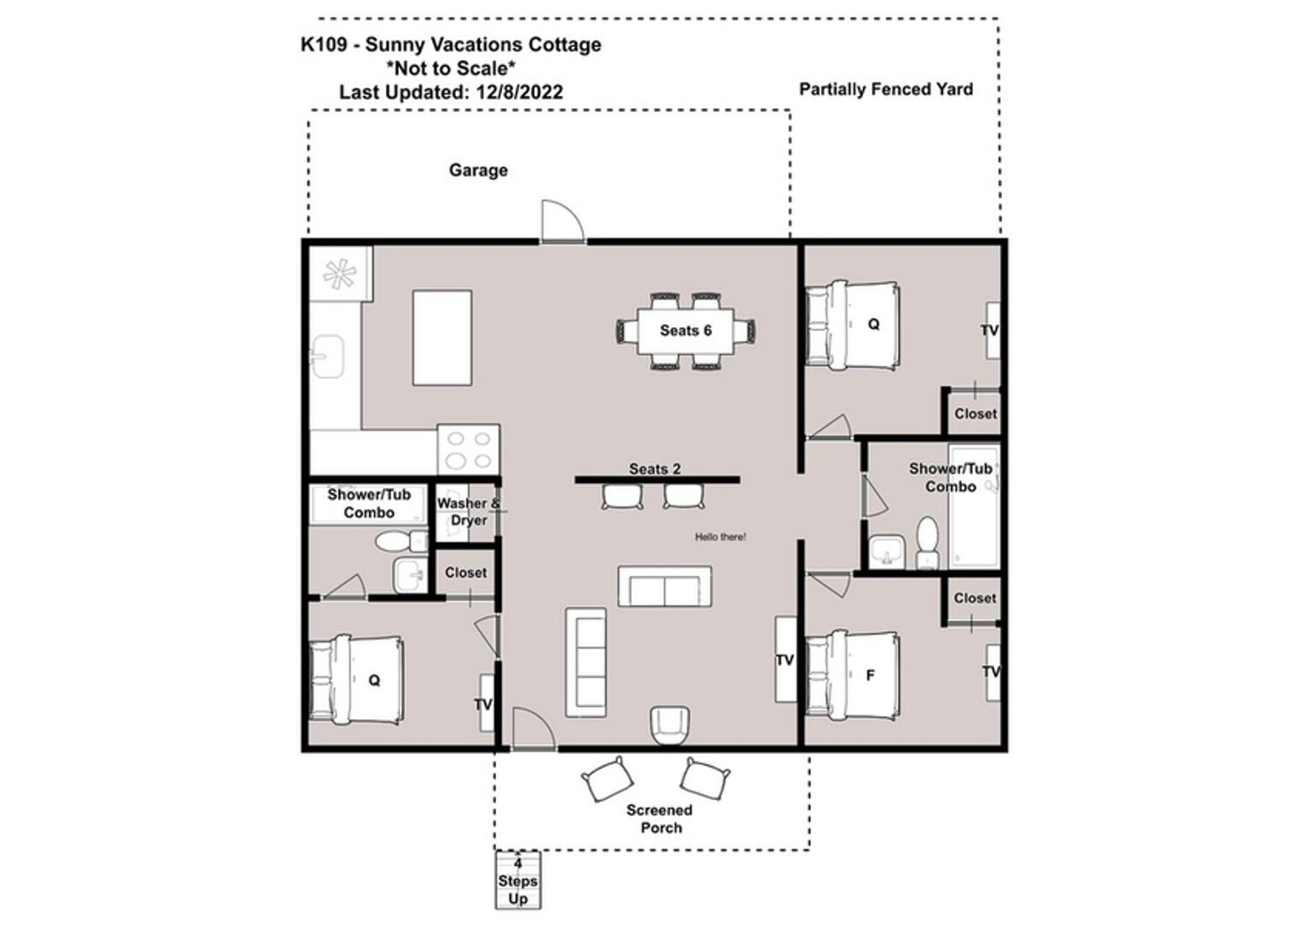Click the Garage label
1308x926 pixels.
[x=478, y=170]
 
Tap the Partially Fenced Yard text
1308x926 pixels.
[x=885, y=89]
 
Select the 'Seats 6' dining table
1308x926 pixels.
[x=686, y=331]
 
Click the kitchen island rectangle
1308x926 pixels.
[x=442, y=338]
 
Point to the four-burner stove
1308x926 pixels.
[x=468, y=450]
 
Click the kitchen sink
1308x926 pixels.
[x=327, y=357]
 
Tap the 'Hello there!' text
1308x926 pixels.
[x=720, y=537]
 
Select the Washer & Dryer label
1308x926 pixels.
[x=468, y=512]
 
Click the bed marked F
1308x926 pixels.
[x=853, y=675]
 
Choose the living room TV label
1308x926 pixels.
[x=784, y=659]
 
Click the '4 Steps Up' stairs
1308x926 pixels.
[x=518, y=881]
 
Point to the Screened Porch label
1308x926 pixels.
[x=660, y=819]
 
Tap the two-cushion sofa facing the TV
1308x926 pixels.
[x=664, y=586]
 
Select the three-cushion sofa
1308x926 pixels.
[x=585, y=663]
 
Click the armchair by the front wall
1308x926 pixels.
[x=669, y=725]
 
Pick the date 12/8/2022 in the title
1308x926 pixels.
[x=519, y=93]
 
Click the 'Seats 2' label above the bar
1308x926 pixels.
[x=655, y=468]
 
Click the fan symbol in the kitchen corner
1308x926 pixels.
[x=339, y=274]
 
